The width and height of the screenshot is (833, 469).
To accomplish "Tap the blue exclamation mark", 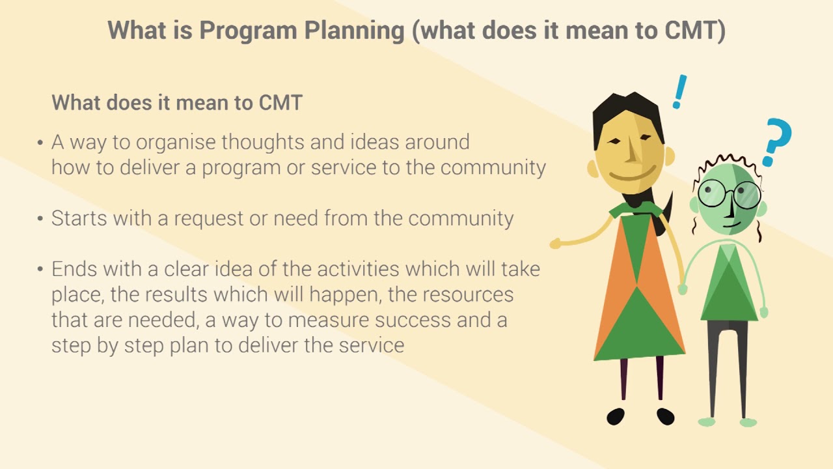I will coord(679,92).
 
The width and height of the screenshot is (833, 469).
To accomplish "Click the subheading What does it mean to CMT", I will coord(177,103).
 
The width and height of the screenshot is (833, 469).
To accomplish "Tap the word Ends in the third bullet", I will coord(74,269).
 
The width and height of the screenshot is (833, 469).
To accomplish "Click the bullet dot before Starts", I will coord(40,218).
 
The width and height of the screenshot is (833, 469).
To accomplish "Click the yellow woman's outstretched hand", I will coord(555,244).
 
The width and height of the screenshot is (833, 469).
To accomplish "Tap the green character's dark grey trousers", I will coord(728,365).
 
